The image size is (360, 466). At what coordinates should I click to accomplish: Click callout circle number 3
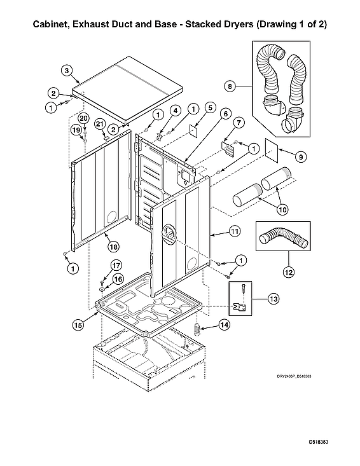click(67, 70)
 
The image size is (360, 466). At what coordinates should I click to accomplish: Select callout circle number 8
click(231, 85)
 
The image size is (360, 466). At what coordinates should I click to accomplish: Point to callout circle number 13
click(273, 298)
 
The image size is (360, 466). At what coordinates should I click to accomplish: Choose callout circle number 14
click(224, 325)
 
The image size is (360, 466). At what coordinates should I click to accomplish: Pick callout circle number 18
click(113, 245)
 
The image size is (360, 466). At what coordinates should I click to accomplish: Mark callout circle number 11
click(235, 233)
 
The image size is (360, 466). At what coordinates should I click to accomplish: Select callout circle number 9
click(301, 156)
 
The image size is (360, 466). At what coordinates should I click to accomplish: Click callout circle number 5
click(209, 108)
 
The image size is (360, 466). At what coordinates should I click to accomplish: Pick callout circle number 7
click(239, 122)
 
